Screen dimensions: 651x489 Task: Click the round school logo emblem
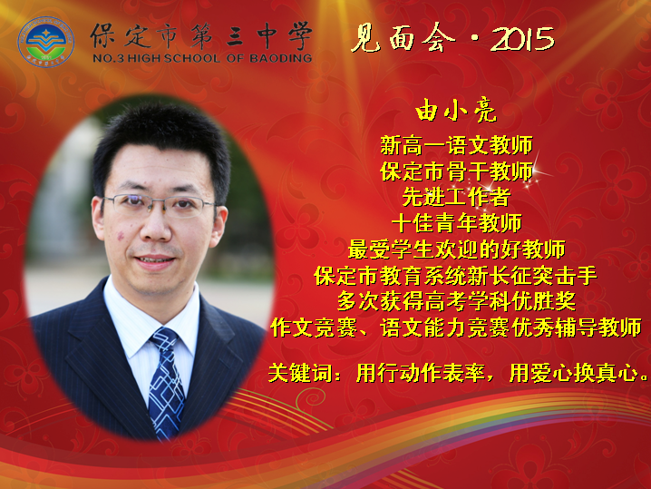point(45,42)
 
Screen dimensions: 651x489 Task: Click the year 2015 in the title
point(522,39)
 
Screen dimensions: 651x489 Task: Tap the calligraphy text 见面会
point(403,38)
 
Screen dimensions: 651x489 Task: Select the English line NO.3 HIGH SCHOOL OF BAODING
point(202,58)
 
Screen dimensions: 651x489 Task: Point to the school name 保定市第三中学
point(201,35)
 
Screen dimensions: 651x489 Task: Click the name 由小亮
point(456,111)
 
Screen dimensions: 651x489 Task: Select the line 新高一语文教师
point(456,145)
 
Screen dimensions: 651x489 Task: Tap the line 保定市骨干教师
point(456,171)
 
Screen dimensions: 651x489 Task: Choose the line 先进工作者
point(456,197)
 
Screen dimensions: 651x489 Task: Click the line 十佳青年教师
point(456,223)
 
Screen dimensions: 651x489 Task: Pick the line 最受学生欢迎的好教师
point(456,249)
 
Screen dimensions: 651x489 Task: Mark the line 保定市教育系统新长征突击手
point(455,276)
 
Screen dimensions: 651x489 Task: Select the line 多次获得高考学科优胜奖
point(456,301)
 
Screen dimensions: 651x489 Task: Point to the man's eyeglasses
point(160,205)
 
